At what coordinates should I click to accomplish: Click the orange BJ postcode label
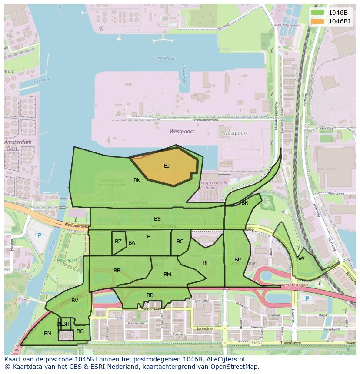[x=167, y=166]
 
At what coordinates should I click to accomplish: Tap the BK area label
[x=137, y=180]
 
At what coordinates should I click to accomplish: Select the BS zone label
[x=157, y=219]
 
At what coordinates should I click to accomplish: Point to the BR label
[x=245, y=203]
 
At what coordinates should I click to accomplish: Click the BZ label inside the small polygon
[x=118, y=242]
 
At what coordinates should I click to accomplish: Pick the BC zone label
[x=180, y=242]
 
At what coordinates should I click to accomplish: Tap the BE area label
[x=206, y=263]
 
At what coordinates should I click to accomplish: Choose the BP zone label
[x=238, y=260]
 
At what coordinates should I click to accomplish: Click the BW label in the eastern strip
[x=300, y=258]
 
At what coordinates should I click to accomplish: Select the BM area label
[x=167, y=275]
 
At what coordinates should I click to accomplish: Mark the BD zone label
[x=150, y=295]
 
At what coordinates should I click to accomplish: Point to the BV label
[x=75, y=301]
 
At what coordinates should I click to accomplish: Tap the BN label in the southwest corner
[x=48, y=334]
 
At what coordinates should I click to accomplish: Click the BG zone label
[x=80, y=331]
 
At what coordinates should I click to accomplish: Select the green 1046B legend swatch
[x=318, y=13]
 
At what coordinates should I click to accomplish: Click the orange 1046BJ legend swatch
[x=318, y=21]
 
